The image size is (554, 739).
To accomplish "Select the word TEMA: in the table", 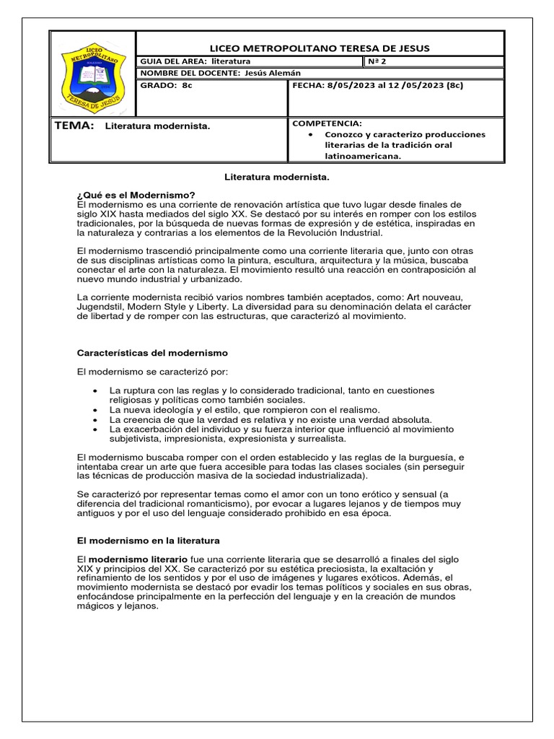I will point(74,126).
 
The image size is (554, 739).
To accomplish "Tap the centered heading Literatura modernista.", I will point(277,176).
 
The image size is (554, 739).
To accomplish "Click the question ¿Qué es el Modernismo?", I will point(136,195).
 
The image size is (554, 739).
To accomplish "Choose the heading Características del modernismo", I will point(151,353).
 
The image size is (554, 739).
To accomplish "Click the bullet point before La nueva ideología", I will point(96,409).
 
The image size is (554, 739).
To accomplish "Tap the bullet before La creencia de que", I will point(96,419).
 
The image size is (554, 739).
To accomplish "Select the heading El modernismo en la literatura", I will point(148,540).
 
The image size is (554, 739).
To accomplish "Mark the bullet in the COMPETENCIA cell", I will point(309,135).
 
